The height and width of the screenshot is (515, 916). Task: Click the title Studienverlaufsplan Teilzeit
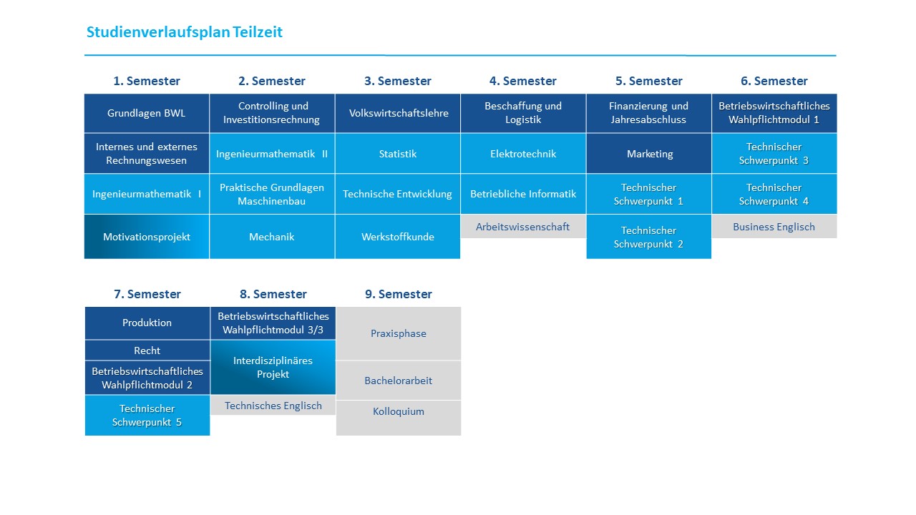click(185, 32)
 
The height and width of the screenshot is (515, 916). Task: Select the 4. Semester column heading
click(523, 81)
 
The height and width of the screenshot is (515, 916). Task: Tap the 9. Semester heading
click(399, 294)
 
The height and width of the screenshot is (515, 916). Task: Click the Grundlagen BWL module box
click(147, 113)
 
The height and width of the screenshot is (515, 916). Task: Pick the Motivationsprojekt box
click(147, 237)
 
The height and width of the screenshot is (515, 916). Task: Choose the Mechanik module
click(272, 237)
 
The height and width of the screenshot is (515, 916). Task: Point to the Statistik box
click(397, 154)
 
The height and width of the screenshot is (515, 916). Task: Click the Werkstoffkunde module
click(397, 237)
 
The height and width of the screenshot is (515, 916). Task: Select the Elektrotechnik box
click(523, 154)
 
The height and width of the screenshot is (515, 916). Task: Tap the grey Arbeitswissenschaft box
click(523, 227)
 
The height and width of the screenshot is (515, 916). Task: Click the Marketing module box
click(649, 154)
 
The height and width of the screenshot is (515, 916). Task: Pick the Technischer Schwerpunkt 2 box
click(649, 237)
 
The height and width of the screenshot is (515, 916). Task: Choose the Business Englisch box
click(774, 227)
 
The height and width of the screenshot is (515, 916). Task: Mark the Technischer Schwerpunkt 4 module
click(774, 194)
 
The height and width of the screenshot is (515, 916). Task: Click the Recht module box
click(147, 350)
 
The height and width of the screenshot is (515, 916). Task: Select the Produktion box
click(147, 323)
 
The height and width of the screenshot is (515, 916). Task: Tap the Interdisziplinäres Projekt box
click(273, 367)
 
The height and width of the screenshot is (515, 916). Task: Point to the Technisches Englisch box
click(273, 406)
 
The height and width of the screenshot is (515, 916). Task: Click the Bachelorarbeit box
click(399, 380)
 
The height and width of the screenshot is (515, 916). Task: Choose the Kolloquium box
click(399, 418)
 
